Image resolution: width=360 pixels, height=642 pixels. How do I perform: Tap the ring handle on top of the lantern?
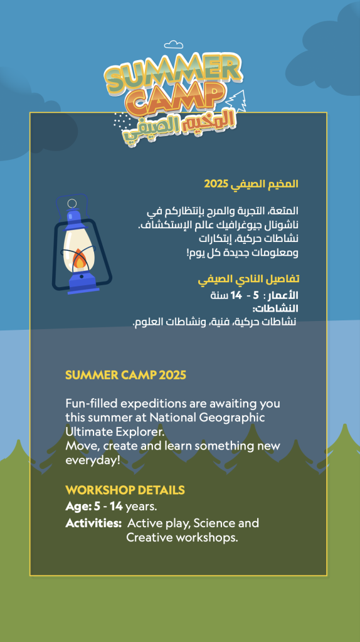click(72, 204)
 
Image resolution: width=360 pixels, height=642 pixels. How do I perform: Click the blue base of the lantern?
click(83, 284)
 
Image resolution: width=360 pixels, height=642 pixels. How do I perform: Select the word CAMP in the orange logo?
click(179, 100)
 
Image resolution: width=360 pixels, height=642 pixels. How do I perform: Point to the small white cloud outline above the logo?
click(173, 45)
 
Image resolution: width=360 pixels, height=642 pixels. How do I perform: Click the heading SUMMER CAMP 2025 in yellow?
click(125, 375)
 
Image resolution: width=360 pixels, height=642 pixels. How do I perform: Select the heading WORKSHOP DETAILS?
click(125, 490)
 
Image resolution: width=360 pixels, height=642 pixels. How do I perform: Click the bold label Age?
click(78, 507)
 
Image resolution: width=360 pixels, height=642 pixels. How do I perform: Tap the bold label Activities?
click(93, 523)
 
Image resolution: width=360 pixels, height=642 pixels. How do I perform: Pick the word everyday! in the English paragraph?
click(93, 460)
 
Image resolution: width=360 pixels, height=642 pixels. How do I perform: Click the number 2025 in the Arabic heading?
click(216, 184)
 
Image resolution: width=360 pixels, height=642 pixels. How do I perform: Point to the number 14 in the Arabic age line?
click(236, 295)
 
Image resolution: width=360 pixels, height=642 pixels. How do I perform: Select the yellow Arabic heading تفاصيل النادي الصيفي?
click(248, 279)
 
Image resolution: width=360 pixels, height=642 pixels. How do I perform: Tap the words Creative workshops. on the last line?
click(182, 537)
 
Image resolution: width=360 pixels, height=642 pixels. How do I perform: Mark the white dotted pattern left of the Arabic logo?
click(122, 121)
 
